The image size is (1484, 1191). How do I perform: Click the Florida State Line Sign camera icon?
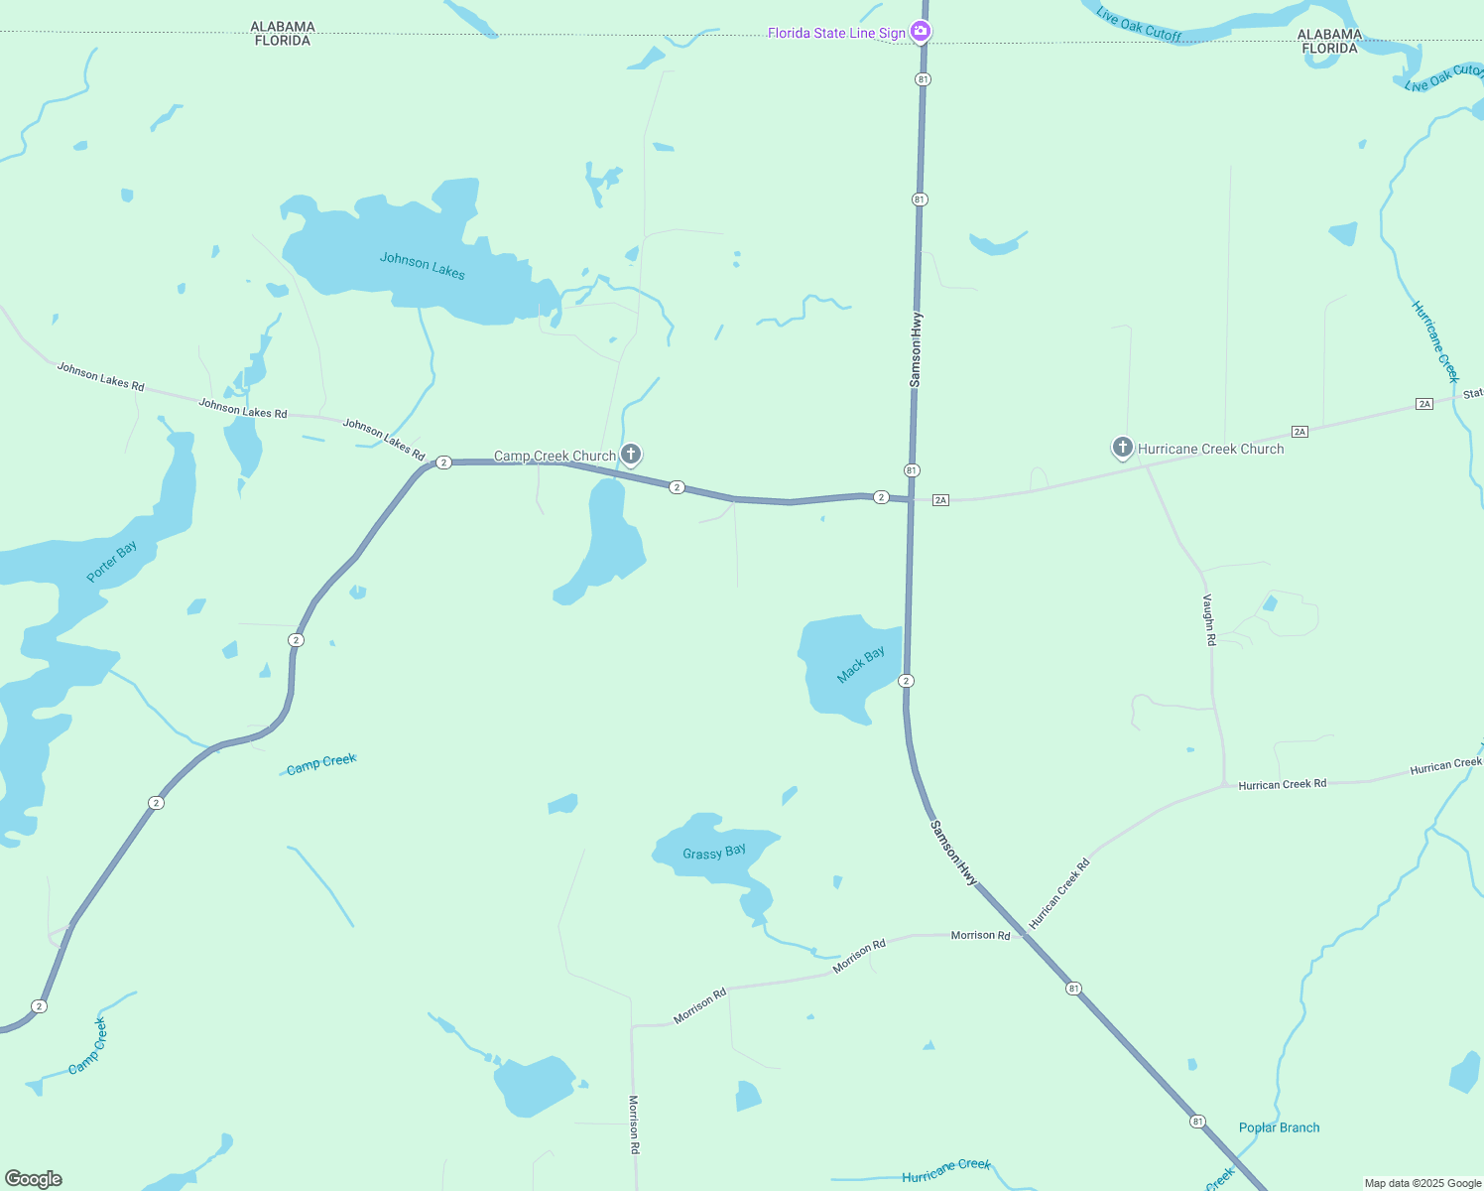921,32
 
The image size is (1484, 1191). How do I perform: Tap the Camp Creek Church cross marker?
631,455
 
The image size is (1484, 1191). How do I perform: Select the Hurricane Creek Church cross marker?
1122,448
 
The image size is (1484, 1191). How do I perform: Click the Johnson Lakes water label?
422,266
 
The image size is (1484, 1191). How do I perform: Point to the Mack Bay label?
860,665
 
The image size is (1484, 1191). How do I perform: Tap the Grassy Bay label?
714,852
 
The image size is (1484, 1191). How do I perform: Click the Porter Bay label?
112,562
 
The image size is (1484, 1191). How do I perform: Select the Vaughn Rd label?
1209,619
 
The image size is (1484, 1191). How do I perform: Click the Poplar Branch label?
1279,1127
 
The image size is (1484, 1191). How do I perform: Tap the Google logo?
34,1179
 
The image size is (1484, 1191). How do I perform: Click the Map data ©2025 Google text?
1422,1183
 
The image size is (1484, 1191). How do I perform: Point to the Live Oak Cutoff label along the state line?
1139,25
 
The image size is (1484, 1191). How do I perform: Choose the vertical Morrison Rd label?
634,1124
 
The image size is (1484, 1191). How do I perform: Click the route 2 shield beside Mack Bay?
906,681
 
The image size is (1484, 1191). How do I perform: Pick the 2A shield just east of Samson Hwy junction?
941,500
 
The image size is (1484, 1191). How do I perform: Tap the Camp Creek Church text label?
555,457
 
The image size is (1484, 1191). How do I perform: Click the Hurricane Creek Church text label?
1210,449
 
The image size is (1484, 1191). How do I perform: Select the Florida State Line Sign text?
836,33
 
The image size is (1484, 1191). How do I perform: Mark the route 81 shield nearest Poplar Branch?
1198,1122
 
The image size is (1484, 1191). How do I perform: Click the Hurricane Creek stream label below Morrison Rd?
945,1170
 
